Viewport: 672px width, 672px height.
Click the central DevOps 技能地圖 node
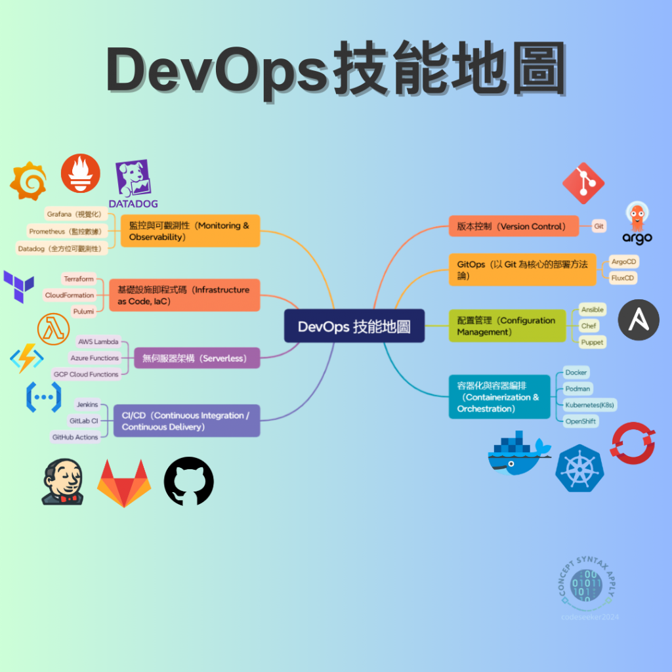[x=354, y=326]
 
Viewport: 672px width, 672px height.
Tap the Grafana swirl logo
[x=28, y=181]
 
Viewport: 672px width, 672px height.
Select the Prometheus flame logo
[x=81, y=173]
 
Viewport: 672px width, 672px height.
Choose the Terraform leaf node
[x=79, y=279]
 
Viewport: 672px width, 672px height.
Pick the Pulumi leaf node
[x=83, y=311]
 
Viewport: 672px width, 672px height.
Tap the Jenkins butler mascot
[x=62, y=482]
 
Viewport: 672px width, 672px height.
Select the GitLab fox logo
[x=124, y=483]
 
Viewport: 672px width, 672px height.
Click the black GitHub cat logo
[x=189, y=482]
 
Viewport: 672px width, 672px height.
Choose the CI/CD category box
[x=186, y=421]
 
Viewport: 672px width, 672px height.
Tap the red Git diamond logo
[x=583, y=183]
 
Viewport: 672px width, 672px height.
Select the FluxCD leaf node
[x=623, y=278]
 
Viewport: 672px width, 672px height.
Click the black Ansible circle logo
[x=639, y=320]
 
